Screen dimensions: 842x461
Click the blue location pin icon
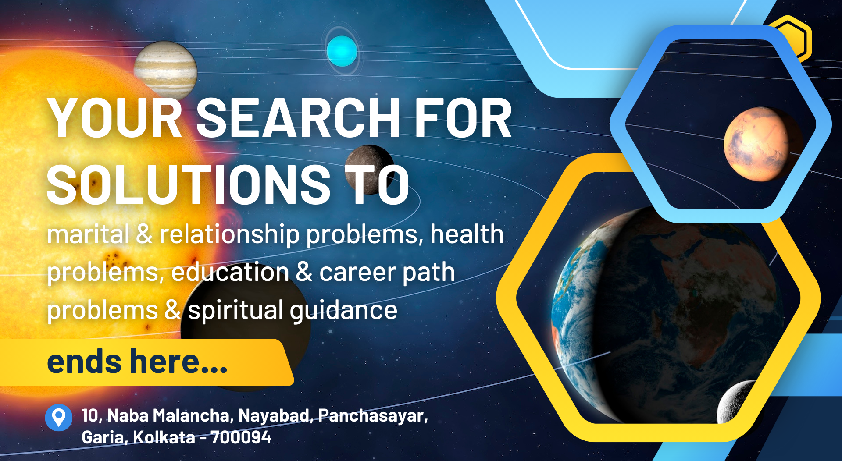click(x=59, y=417)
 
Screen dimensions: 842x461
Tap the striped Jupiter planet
click(x=165, y=70)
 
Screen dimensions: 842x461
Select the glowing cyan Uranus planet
click(x=342, y=51)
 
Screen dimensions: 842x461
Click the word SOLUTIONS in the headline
click(x=189, y=184)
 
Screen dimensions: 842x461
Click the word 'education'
click(x=230, y=272)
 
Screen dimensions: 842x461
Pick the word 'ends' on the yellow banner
click(x=84, y=362)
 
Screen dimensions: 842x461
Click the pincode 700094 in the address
click(x=241, y=437)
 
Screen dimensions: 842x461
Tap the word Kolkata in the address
click(x=164, y=437)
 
